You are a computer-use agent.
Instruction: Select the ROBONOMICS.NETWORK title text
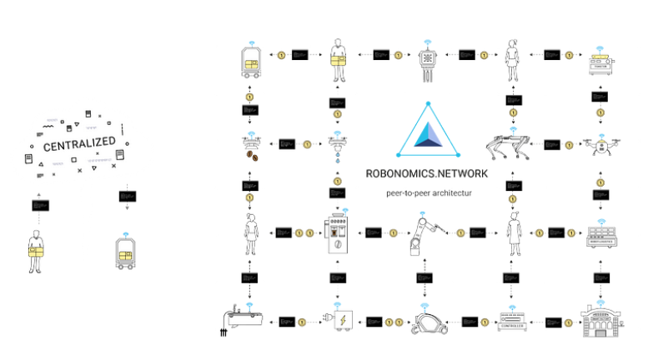(x=426, y=174)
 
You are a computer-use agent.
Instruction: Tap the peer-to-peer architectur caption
(x=426, y=193)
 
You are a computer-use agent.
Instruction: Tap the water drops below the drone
(x=337, y=152)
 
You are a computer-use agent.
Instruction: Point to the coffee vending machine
(x=337, y=237)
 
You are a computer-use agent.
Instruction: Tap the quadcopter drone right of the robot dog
(x=600, y=144)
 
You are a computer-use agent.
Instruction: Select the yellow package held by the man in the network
(x=338, y=60)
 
